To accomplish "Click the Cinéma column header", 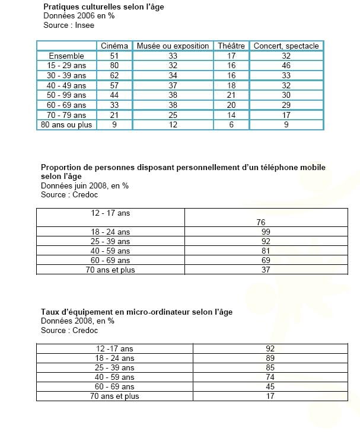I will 114,46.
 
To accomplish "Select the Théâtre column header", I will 231,46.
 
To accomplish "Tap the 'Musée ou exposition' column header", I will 173,46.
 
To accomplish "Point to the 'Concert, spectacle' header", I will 286,46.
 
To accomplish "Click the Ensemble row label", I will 66,56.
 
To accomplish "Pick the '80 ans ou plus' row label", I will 66,125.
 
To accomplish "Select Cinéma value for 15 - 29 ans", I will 114,66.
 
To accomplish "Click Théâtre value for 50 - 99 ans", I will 231,95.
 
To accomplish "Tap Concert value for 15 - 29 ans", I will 286,66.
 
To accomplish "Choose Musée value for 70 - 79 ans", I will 173,115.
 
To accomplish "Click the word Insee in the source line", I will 84,25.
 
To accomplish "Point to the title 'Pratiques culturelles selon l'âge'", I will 104,7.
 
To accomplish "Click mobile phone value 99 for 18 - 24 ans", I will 266,232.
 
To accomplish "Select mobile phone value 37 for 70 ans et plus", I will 266,270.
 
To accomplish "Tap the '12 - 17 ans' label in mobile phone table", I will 110,213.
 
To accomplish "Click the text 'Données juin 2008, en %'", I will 85,185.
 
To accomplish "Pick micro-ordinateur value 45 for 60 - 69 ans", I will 270,386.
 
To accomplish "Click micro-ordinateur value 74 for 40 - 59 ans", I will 270,377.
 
